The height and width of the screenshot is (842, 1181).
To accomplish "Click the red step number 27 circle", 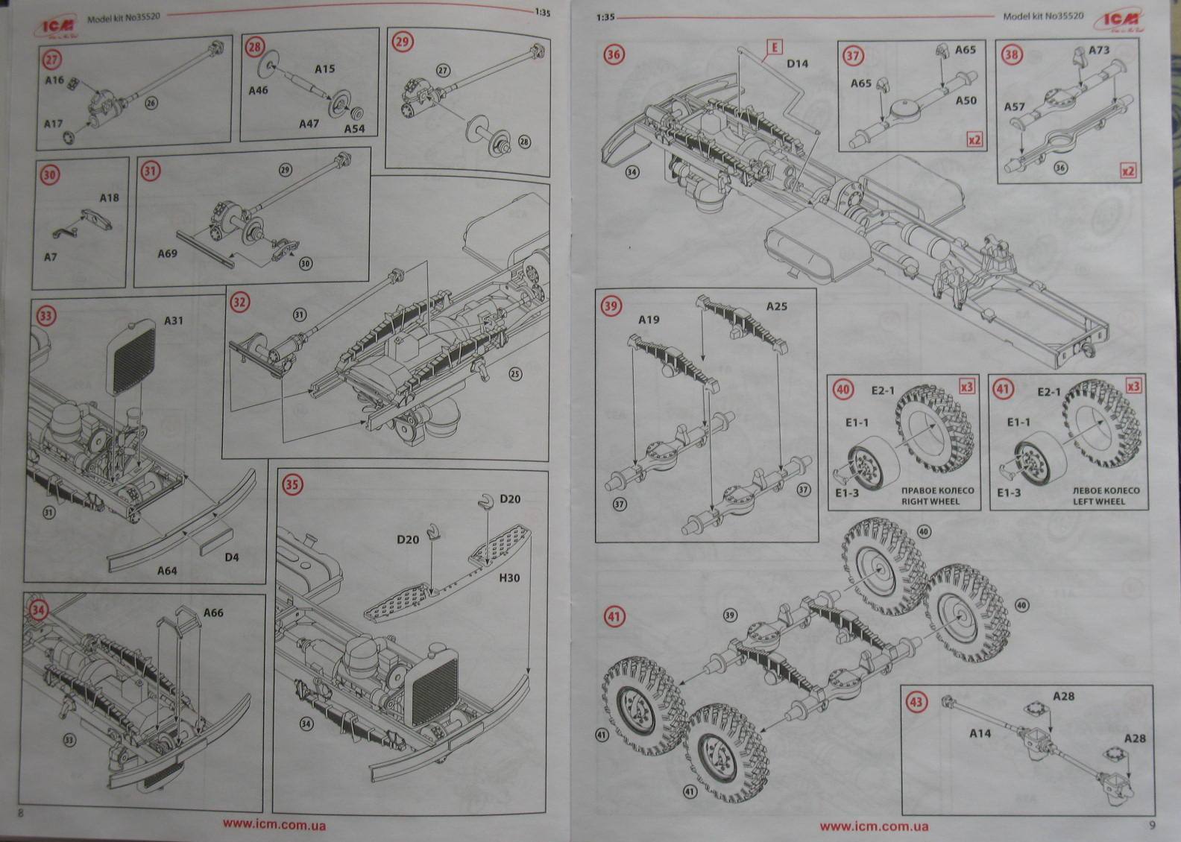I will (x=51, y=59).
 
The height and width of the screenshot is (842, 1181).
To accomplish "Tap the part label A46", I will (x=258, y=90).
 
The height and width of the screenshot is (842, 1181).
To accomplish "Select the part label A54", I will (x=354, y=129).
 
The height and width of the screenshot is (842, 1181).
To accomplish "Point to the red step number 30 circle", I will (x=49, y=174).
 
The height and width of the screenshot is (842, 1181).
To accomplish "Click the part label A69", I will (x=168, y=254).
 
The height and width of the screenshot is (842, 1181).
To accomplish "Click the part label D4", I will (x=232, y=557).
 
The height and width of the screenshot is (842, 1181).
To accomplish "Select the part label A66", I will (x=212, y=612).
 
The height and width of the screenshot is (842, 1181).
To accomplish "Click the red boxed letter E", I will (x=775, y=48).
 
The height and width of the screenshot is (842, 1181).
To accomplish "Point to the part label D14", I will (x=797, y=63).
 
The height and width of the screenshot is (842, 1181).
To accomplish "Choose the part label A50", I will (x=966, y=101).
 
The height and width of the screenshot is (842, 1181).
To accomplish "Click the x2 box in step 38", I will (x=1129, y=171).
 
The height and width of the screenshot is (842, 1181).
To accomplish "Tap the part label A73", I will (x=1099, y=50).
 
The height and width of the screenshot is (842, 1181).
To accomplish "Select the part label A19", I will (x=649, y=320).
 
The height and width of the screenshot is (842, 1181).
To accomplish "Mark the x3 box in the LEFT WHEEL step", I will (x=1133, y=386).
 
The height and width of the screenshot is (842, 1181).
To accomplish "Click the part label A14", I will (x=980, y=733).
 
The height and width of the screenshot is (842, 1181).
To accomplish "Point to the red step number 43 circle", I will (x=916, y=702).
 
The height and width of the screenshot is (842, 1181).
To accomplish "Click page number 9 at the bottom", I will (x=1152, y=824).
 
